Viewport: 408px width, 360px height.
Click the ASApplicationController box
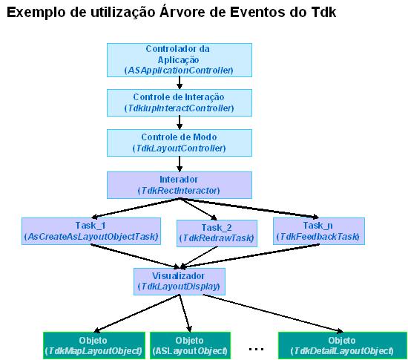coord(180,60)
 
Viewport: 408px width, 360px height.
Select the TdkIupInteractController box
coord(180,102)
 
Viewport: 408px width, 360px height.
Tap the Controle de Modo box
coord(180,143)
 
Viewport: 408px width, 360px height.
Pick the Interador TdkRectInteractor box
coord(180,185)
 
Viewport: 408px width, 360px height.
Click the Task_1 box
coord(91,231)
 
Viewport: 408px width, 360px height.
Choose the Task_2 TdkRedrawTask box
coord(217,233)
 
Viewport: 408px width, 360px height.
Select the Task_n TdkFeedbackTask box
coord(319,231)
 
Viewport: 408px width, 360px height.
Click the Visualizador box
coord(180,281)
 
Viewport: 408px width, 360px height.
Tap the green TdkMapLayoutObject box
coord(94,345)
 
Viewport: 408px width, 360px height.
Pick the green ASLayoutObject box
coord(190,345)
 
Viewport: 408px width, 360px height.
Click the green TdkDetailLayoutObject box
coord(343,345)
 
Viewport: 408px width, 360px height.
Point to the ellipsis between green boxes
coord(257,349)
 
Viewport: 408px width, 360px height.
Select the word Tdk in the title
coord(323,12)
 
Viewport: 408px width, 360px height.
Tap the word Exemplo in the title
coord(36,13)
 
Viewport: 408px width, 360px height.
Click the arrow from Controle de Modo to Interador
coord(180,164)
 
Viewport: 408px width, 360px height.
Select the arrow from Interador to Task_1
coord(135,208)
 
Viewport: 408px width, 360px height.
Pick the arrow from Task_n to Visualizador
coord(250,255)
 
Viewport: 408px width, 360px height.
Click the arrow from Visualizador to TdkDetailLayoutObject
coord(273,313)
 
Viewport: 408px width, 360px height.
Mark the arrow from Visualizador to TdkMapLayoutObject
coord(136,313)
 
